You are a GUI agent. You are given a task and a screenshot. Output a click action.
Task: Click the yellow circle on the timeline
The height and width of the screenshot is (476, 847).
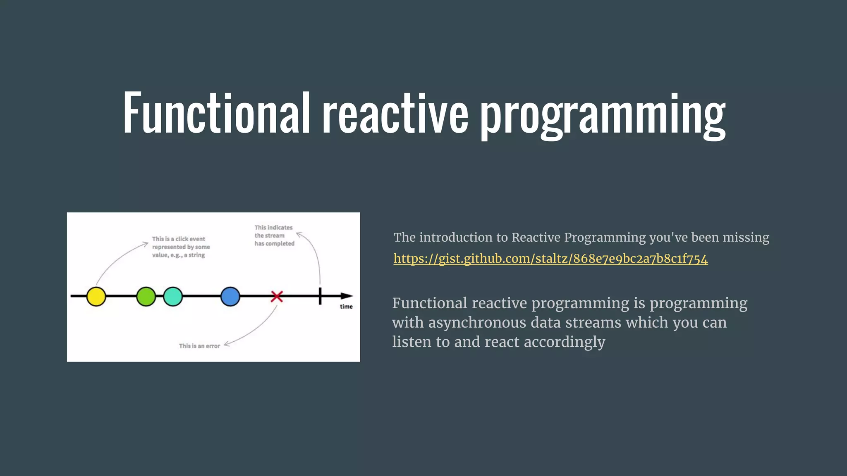click(x=96, y=296)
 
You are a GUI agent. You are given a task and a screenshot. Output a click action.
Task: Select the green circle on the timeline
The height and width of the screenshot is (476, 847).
click(x=146, y=296)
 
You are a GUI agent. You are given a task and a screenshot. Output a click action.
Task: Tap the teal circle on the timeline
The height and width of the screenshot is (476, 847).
click(x=173, y=296)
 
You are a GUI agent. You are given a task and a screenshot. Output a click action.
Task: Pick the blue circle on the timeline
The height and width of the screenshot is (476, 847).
click(x=230, y=296)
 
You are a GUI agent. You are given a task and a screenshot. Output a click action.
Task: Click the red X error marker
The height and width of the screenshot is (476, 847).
click(x=277, y=296)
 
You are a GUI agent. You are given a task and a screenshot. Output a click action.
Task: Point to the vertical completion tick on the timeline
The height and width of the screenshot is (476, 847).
click(x=320, y=296)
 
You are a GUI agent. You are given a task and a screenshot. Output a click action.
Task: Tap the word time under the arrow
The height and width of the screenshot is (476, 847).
click(x=346, y=307)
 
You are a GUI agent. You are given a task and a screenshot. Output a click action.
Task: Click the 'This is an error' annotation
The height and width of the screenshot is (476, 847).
click(x=199, y=346)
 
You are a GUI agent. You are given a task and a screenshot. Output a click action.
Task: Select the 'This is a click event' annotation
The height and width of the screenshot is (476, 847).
click(x=179, y=239)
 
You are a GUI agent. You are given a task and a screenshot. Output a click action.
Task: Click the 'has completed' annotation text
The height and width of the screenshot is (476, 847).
click(x=274, y=243)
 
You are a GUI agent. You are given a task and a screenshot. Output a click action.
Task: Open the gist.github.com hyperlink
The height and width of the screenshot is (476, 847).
click(x=550, y=259)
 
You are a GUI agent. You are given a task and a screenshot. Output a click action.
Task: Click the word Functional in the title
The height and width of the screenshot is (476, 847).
click(x=216, y=113)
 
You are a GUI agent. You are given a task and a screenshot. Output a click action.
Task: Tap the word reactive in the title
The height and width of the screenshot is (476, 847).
click(x=395, y=113)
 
